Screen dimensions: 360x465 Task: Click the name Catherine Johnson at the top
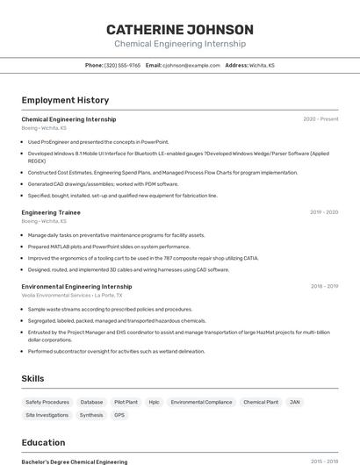tap(179, 28)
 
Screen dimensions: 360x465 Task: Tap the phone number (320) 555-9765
tap(122, 65)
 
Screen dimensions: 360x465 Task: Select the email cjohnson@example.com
tap(190, 65)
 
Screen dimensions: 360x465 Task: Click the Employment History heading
tap(65, 100)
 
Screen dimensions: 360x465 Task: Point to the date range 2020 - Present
tap(320, 119)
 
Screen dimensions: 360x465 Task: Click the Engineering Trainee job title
tap(51, 212)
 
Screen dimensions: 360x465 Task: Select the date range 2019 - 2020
tap(324, 212)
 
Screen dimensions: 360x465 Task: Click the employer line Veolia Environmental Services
tap(72, 296)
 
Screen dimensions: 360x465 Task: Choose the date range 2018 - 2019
tap(324, 286)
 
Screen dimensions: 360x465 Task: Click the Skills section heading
tap(33, 378)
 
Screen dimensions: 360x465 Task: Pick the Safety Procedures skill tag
tap(47, 402)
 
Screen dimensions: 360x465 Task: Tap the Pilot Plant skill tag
tap(126, 402)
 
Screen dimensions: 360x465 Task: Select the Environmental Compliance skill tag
tap(201, 402)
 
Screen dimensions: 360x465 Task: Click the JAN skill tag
tap(295, 402)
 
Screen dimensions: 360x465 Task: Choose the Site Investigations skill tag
tap(47, 415)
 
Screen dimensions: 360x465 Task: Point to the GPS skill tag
tap(119, 415)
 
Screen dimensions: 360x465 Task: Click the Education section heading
tap(43, 442)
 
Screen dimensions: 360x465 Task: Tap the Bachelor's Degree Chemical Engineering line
tap(75, 461)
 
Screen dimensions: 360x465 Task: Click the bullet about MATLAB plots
tap(97, 247)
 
